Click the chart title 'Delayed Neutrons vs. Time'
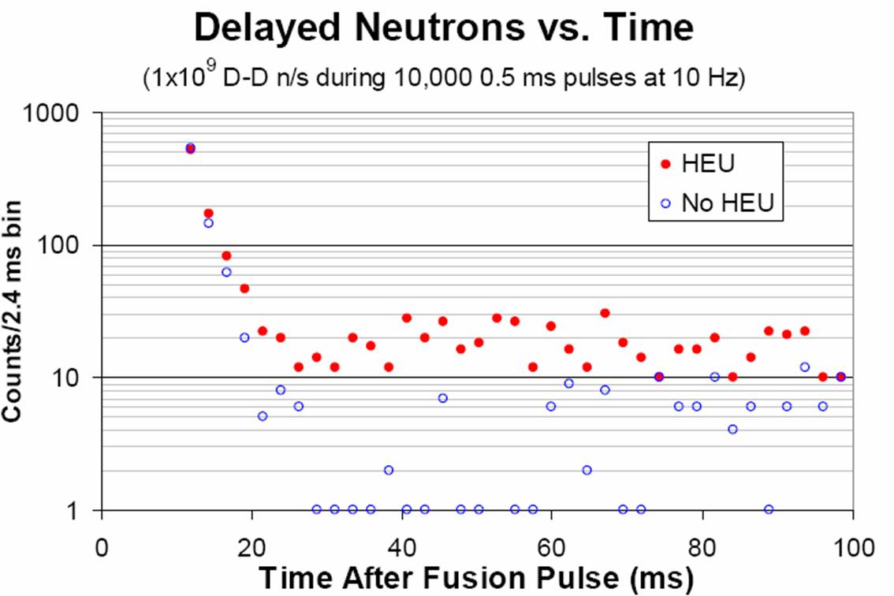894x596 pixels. coord(443,28)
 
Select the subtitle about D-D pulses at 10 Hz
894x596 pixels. coord(444,79)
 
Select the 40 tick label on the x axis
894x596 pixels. coord(402,546)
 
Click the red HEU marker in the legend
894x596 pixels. coord(665,164)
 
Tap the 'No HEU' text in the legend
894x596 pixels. coord(728,203)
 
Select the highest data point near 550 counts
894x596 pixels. coord(190,148)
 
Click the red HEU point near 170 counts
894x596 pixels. coord(208,213)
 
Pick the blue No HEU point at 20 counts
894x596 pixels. coord(244,337)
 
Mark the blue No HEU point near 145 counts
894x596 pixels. coord(208,223)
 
